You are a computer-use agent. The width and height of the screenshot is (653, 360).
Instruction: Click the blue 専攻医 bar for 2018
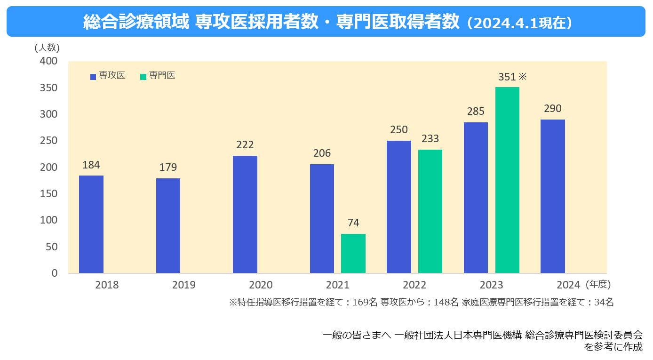pyautogui.click(x=91, y=224)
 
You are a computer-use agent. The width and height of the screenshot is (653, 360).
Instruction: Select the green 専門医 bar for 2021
pyautogui.click(x=353, y=253)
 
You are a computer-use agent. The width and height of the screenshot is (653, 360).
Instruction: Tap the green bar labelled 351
pyautogui.click(x=507, y=180)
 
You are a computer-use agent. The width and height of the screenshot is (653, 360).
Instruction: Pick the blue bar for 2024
pyautogui.click(x=553, y=196)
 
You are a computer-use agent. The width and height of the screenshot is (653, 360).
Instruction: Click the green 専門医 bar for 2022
pyautogui.click(x=430, y=211)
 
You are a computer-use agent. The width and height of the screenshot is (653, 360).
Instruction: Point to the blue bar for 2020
pyautogui.click(x=245, y=214)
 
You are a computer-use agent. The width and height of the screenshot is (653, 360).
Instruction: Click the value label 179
pyautogui.click(x=168, y=168)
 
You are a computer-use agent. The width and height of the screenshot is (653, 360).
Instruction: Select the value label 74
pyautogui.click(x=353, y=223)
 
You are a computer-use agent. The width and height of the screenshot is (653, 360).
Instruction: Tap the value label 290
pyautogui.click(x=553, y=109)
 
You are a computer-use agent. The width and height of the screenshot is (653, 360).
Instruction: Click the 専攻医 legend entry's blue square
pyautogui.click(x=93, y=76)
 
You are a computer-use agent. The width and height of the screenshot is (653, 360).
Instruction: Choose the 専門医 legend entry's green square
pyautogui.click(x=143, y=76)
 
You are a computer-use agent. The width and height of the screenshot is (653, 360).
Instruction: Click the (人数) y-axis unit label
pyautogui.click(x=47, y=48)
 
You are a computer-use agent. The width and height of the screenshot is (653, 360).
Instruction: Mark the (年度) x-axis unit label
pyautogui.click(x=598, y=284)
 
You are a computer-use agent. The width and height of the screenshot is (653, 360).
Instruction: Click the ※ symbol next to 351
pyautogui.click(x=522, y=76)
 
